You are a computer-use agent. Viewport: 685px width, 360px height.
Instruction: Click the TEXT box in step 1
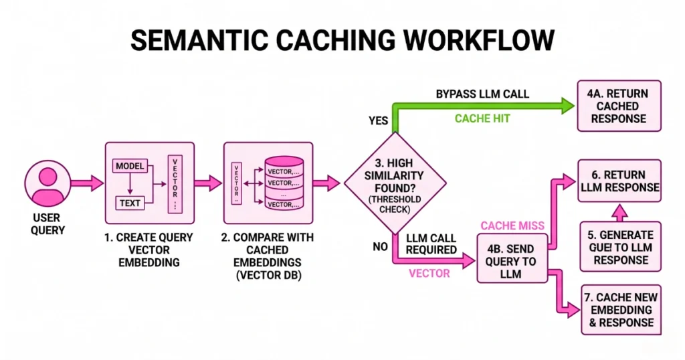132,202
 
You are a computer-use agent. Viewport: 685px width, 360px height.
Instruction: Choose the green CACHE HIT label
482,118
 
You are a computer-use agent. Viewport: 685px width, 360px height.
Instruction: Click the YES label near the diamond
379,120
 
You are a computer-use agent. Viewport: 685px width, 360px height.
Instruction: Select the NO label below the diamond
381,247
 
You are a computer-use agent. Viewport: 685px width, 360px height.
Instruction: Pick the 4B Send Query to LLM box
510,258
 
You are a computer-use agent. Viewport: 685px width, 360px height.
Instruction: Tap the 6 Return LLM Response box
619,181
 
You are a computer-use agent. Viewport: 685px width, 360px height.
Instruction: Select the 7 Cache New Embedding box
619,309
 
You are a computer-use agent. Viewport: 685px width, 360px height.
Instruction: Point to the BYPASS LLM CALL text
482,93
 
